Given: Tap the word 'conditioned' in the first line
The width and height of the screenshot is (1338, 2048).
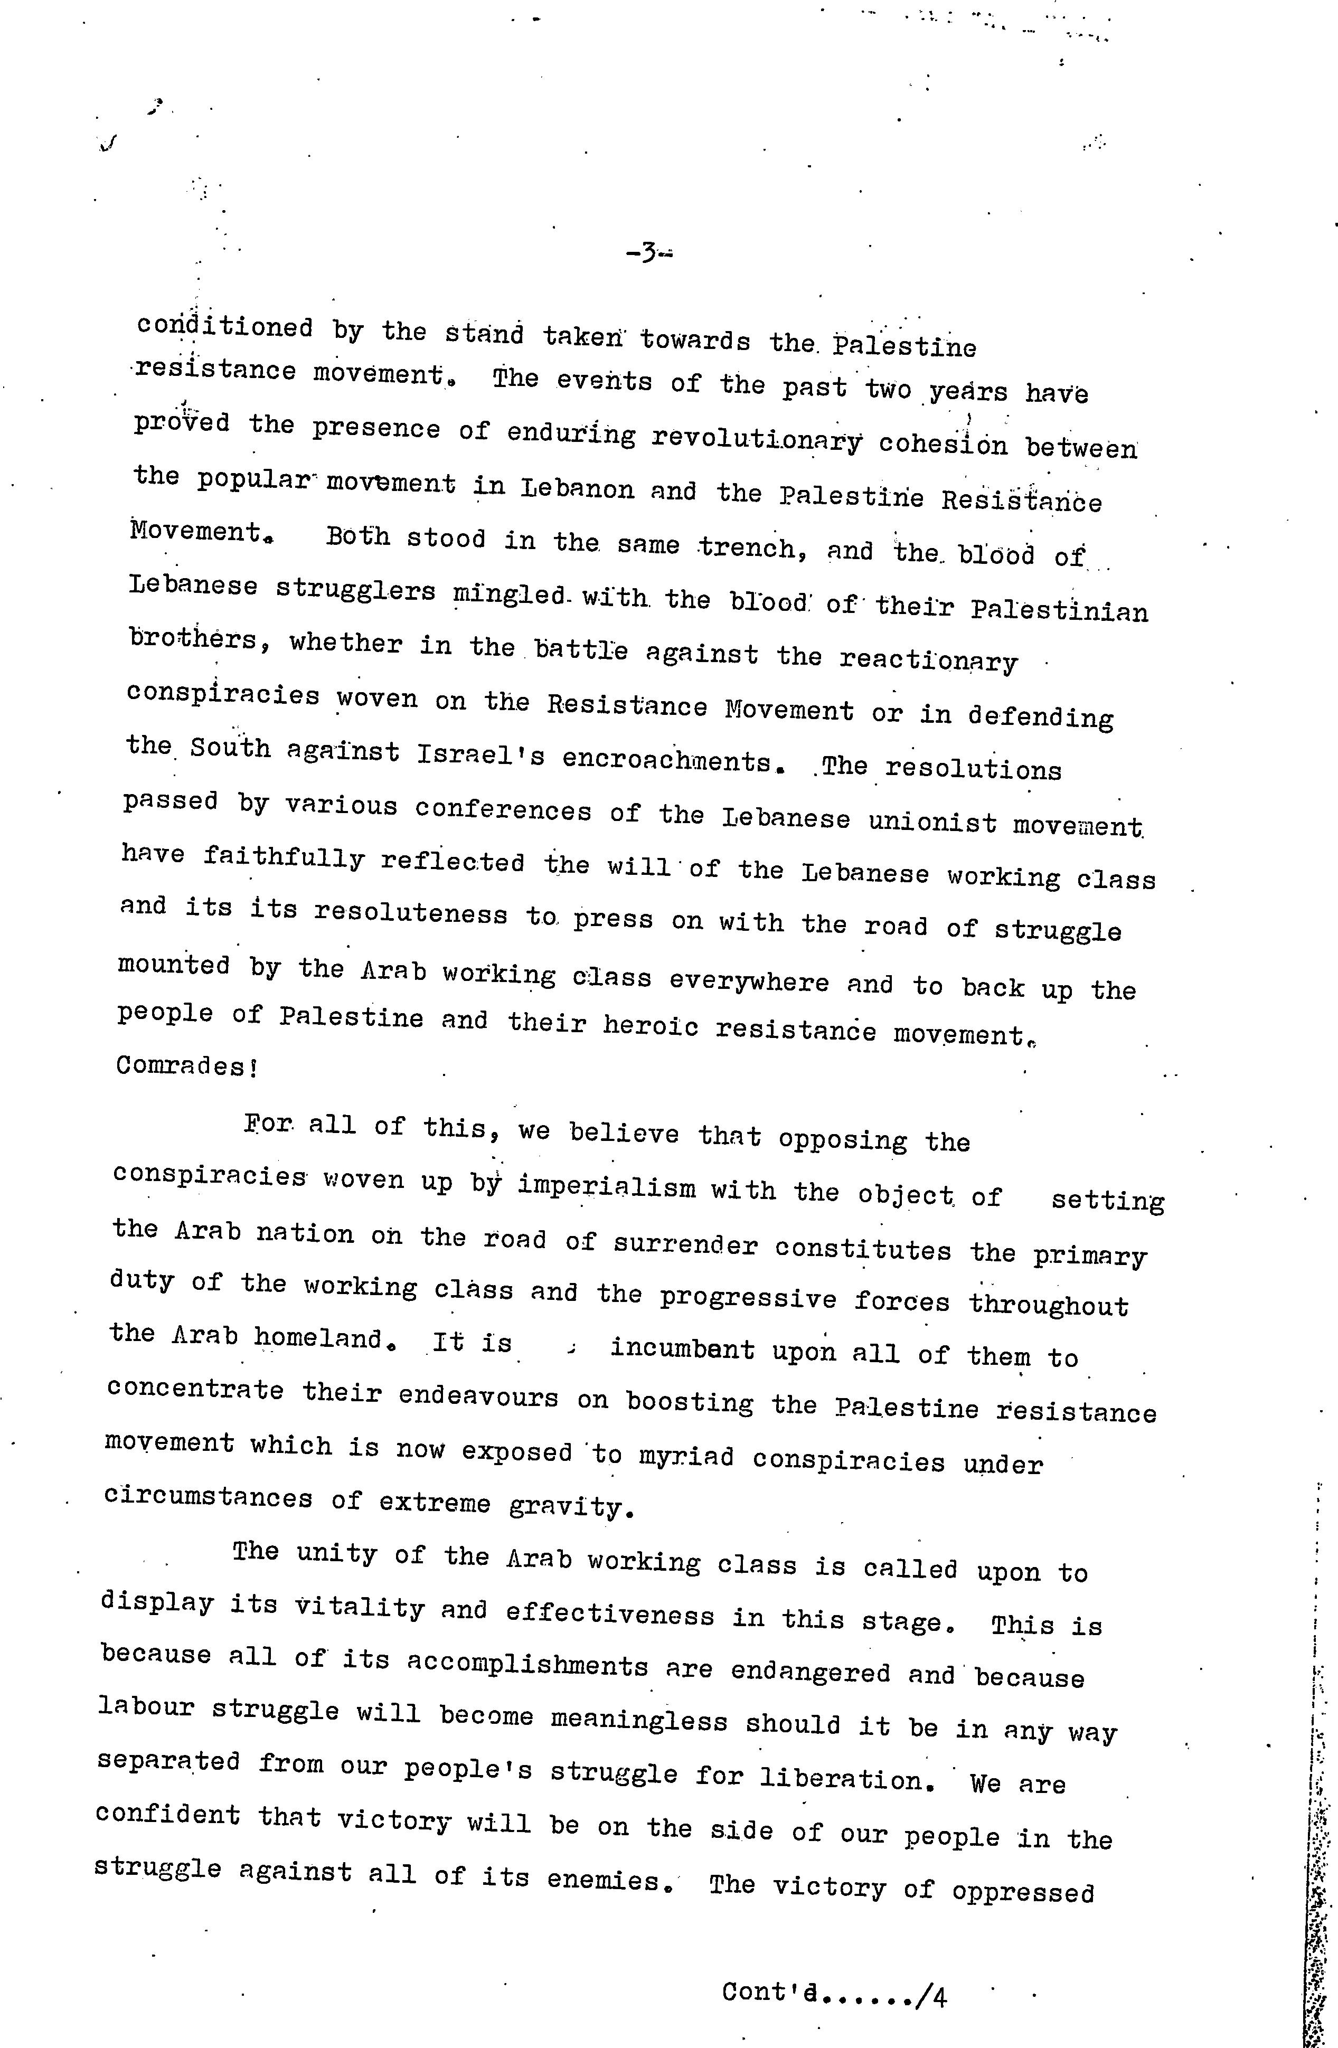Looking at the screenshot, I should (224, 328).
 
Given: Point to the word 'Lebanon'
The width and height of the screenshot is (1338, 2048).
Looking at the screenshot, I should (577, 489).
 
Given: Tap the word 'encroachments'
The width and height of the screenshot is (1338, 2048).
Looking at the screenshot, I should (666, 761).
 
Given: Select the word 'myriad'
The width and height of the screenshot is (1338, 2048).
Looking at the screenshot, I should (686, 1456).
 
